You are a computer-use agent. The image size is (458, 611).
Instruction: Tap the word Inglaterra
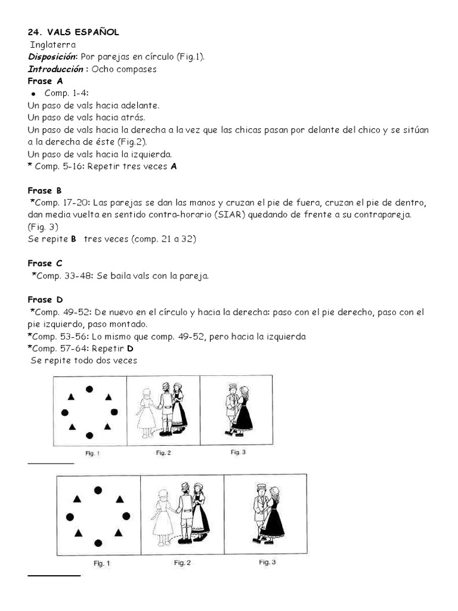pos(53,44)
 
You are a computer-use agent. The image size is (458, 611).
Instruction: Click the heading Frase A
pos(45,81)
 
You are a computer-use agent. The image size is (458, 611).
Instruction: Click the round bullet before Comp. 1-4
pos(35,94)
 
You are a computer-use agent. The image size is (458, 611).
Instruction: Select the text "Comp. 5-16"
pos(59,166)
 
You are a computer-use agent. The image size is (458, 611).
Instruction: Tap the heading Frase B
pos(45,191)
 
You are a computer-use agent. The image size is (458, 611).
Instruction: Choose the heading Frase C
pos(45,263)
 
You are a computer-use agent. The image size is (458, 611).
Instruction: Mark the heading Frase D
pos(45,300)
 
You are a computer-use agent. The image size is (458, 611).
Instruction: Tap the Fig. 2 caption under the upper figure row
pos(163,453)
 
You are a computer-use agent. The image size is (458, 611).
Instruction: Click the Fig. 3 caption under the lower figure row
pos(267,562)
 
